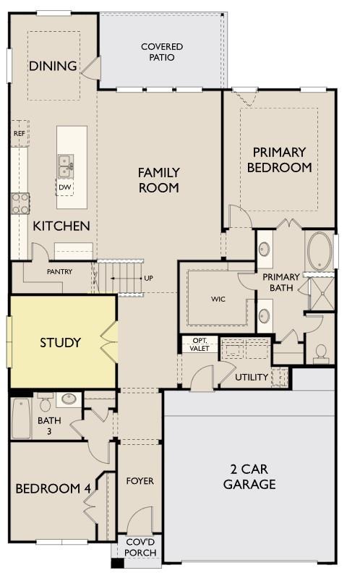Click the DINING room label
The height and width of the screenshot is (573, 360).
[x=53, y=66]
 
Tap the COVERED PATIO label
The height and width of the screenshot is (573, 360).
[x=162, y=52]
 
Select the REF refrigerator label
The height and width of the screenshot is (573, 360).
[x=20, y=133]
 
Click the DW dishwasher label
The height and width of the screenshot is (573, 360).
[x=64, y=187]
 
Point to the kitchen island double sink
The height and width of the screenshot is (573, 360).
[x=65, y=166]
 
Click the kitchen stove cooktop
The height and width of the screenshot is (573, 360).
[x=20, y=203]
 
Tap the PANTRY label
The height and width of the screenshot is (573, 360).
[x=59, y=271]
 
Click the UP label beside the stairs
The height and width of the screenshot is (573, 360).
[x=149, y=278]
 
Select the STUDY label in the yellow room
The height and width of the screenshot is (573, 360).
[x=60, y=342]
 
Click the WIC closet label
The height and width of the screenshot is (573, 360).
[x=218, y=299]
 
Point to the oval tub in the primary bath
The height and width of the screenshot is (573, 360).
[x=320, y=251]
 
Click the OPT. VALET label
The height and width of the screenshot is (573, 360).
[x=200, y=344]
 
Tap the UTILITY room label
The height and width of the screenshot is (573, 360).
[x=252, y=377]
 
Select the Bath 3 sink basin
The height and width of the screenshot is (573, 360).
[x=69, y=399]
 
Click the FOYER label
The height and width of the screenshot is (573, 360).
[x=140, y=481]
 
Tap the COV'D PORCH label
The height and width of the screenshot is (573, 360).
[x=140, y=548]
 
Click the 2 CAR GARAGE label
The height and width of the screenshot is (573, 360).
[x=249, y=476]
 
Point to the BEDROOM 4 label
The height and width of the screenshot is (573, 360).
[x=53, y=488]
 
